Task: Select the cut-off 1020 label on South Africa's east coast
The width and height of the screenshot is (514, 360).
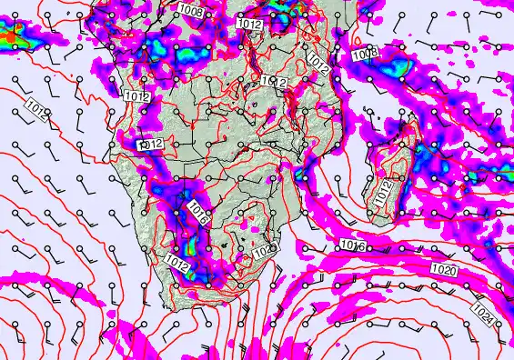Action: click(x=265, y=250)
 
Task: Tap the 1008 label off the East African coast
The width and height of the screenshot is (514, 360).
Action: click(x=364, y=54)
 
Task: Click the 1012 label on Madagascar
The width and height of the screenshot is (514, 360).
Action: click(x=384, y=191)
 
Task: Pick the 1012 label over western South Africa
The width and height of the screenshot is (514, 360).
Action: click(x=177, y=262)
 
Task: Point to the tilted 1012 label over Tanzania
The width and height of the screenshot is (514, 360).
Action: click(x=317, y=63)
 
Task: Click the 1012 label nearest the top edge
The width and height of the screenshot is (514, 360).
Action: click(x=249, y=24)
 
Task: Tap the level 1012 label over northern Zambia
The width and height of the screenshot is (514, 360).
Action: click(x=275, y=82)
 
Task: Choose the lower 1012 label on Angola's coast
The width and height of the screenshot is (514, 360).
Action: click(x=151, y=144)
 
